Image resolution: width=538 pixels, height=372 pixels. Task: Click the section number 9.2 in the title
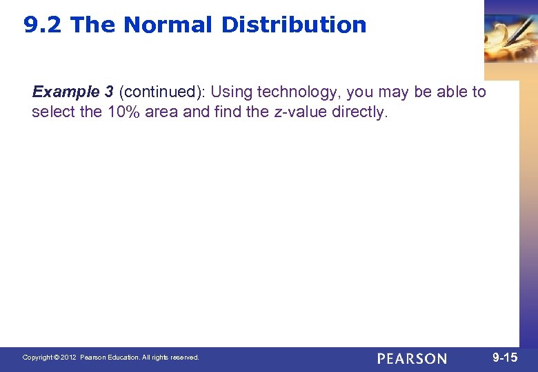pos(43,25)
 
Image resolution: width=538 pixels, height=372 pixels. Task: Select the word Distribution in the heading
pos(294,25)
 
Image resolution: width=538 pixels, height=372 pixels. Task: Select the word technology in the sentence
pos(297,92)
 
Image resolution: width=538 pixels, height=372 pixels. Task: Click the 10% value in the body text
pos(126,112)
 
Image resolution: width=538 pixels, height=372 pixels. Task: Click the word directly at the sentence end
pos(361,112)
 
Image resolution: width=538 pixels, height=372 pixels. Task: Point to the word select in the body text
pos(54,112)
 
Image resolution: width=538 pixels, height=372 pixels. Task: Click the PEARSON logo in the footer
pos(412,358)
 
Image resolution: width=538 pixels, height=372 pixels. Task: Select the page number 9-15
pos(505,358)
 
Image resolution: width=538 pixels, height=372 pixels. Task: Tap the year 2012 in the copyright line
pos(68,358)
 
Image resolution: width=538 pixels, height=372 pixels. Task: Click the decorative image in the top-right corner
pos(510,38)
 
